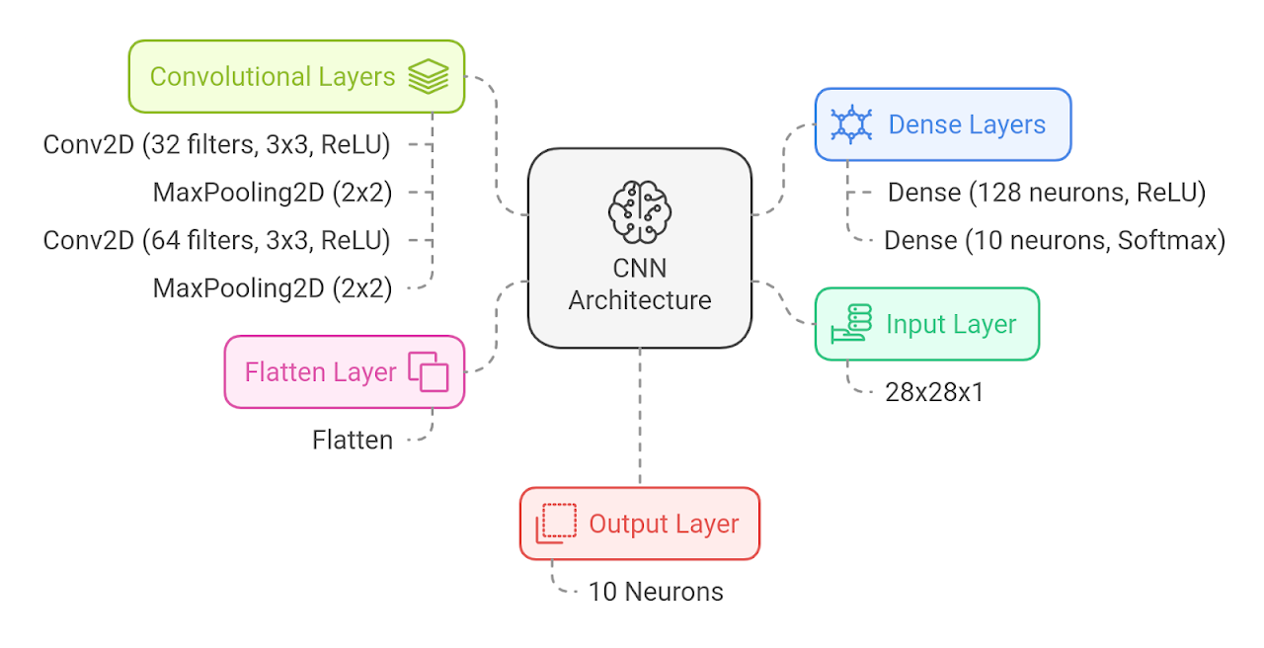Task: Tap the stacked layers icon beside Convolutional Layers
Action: click(428, 76)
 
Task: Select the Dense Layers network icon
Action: click(850, 124)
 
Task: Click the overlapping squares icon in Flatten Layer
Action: click(429, 372)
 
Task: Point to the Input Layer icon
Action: click(851, 324)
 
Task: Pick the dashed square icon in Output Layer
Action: click(556, 524)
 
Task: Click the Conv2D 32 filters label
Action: click(216, 145)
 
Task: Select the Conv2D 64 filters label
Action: click(216, 240)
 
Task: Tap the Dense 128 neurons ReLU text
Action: click(1047, 193)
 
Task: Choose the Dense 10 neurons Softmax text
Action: click(1055, 240)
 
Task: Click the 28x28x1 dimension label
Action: click(934, 392)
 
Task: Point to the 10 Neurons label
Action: click(656, 592)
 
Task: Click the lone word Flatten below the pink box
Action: click(353, 440)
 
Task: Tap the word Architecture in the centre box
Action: click(640, 300)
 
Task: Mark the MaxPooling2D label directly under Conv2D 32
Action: click(273, 193)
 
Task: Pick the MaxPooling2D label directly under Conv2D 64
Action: click(273, 288)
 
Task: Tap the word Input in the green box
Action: click(913, 324)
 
